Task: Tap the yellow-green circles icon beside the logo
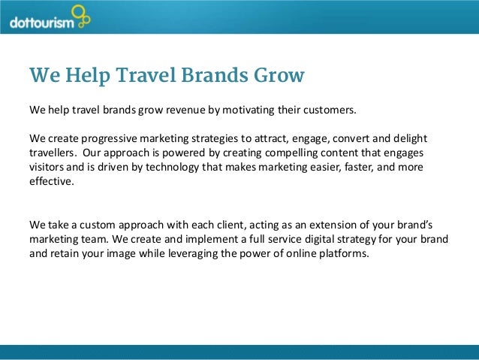click(x=80, y=17)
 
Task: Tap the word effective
click(x=51, y=183)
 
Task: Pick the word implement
click(x=200, y=239)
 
